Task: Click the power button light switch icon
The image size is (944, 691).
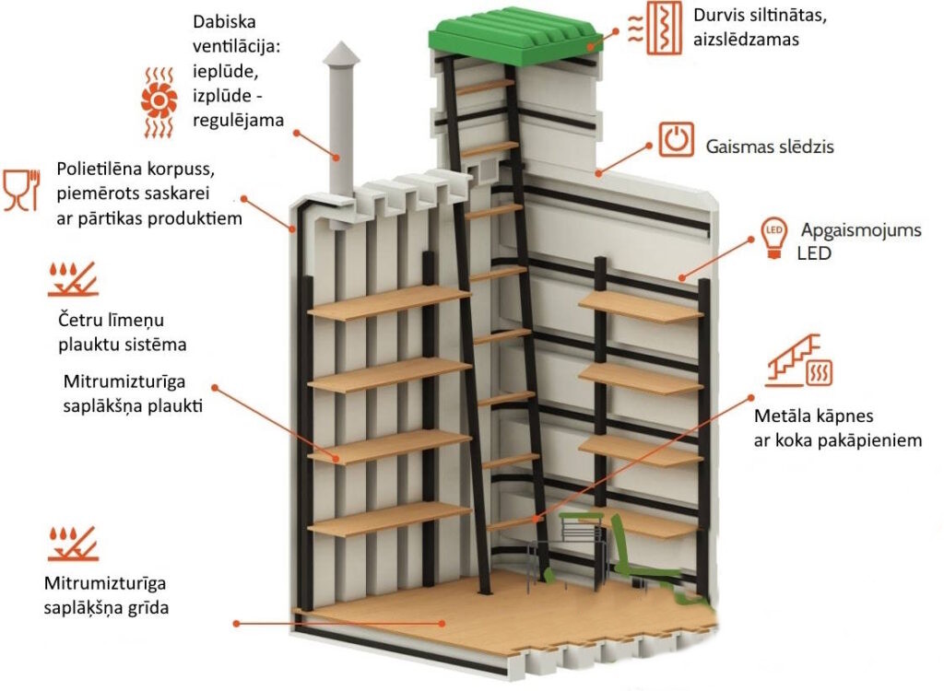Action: pos(676,140)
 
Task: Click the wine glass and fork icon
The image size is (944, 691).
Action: pos(23,190)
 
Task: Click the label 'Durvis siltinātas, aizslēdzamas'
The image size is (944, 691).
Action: pos(757,27)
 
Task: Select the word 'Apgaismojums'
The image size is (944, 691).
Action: pos(861,230)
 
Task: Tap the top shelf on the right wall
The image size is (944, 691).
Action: pos(640,307)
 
